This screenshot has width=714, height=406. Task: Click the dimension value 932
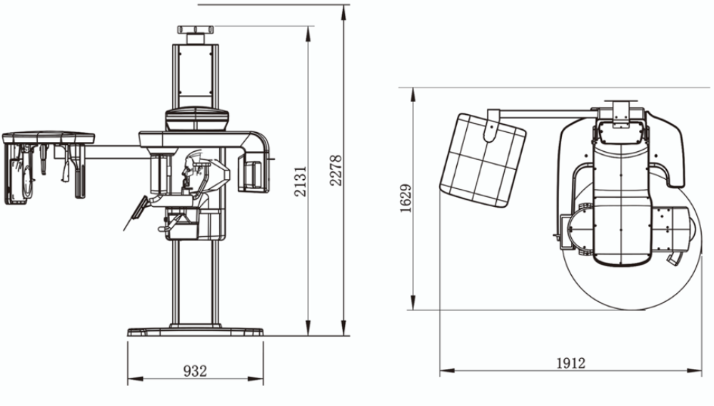[x=195, y=371]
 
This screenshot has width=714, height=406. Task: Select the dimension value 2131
[x=300, y=181]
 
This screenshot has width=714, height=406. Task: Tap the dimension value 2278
[x=336, y=171]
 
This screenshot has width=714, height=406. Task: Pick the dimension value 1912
[x=570, y=363]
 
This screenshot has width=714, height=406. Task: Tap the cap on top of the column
[x=196, y=31]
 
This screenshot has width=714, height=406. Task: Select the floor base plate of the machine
[x=196, y=332]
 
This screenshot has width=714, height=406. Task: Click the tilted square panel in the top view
[x=483, y=160]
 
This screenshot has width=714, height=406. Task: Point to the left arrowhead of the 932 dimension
[x=135, y=378]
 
